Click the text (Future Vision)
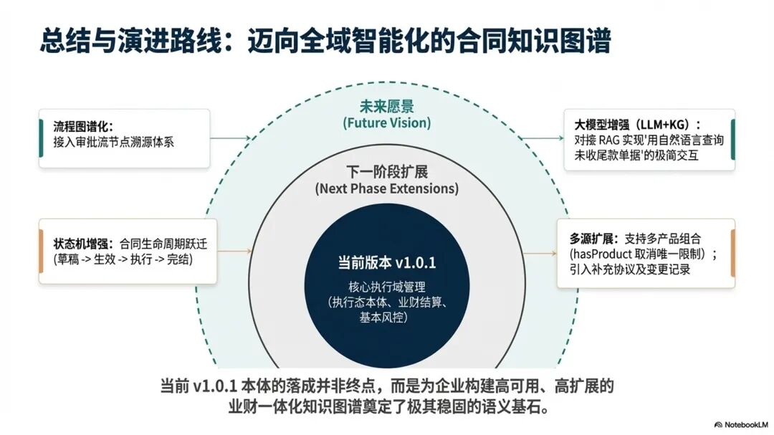click(386, 123)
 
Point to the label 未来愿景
click(387, 107)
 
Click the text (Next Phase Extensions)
click(386, 189)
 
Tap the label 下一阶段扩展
click(387, 173)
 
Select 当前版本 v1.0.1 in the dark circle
click(387, 262)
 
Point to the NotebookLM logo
click(740, 424)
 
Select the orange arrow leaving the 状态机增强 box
click(234, 252)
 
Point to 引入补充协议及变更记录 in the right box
click(630, 270)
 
